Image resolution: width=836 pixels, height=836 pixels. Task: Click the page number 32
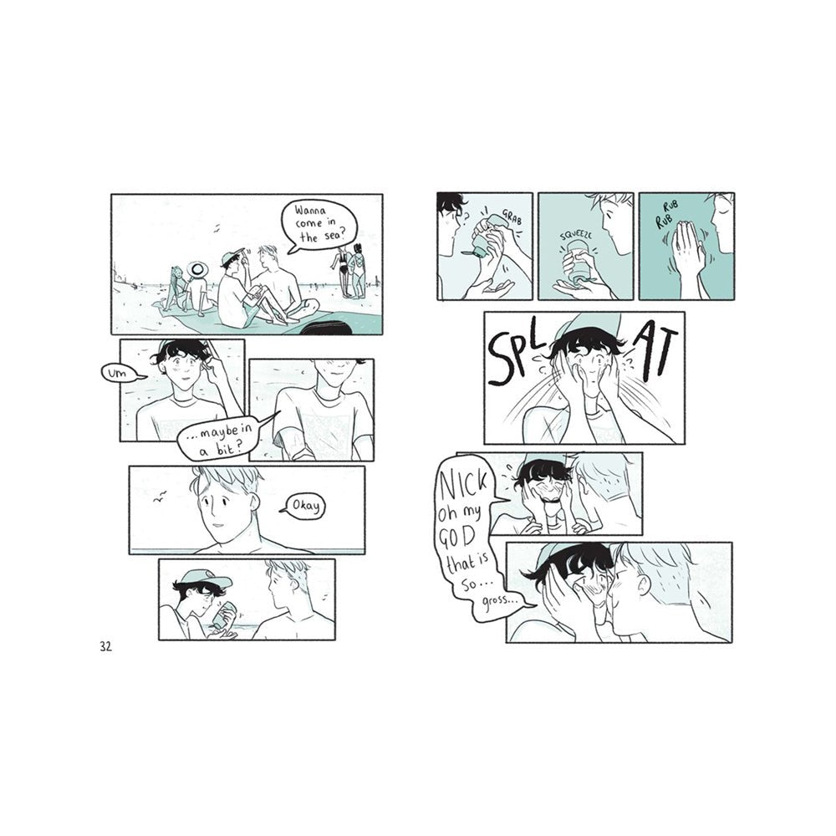pos(105,647)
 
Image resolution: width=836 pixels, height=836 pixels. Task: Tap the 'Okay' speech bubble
pos(305,506)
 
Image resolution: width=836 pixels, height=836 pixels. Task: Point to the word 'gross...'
pos(502,601)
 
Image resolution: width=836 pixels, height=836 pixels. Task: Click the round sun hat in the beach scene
pos(196,270)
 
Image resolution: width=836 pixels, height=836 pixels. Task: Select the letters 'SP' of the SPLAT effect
pos(510,357)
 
